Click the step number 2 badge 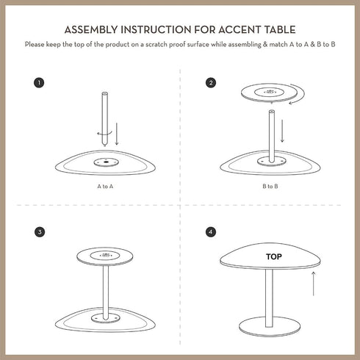[212, 82]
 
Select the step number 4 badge [212, 232]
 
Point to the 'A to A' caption [105, 187]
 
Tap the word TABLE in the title [279, 30]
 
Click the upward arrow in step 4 [314, 283]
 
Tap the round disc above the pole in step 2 [273, 91]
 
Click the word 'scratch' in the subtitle [157, 45]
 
